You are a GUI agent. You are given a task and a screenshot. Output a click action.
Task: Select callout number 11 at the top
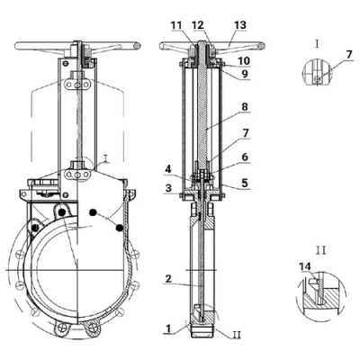click(176, 25)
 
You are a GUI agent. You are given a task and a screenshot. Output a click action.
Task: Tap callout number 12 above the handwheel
click(198, 25)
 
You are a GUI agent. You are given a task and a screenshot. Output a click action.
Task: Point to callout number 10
click(243, 61)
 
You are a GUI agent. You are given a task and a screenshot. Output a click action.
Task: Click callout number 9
click(245, 74)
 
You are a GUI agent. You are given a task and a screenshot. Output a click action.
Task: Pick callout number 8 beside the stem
click(245, 107)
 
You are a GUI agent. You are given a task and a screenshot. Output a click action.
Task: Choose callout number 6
click(245, 157)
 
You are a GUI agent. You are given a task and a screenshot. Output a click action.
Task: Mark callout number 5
click(245, 183)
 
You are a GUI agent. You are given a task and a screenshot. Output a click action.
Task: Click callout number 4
click(169, 170)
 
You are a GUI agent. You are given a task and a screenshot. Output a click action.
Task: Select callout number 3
click(168, 188)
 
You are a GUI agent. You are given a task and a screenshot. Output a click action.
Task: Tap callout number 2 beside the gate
click(168, 279)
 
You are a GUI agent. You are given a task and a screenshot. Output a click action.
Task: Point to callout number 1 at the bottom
click(168, 328)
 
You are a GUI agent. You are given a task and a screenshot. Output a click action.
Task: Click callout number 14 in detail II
click(305, 266)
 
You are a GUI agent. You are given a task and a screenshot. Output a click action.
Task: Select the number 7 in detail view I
click(348, 55)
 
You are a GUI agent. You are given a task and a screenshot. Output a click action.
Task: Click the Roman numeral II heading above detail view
click(320, 250)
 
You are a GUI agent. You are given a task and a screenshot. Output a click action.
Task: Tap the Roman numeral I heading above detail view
click(317, 44)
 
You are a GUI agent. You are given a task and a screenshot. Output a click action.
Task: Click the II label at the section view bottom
click(237, 334)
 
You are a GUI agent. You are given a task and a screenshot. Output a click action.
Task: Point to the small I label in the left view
click(105, 158)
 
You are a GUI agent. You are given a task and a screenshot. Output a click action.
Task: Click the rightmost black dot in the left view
click(120, 229)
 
